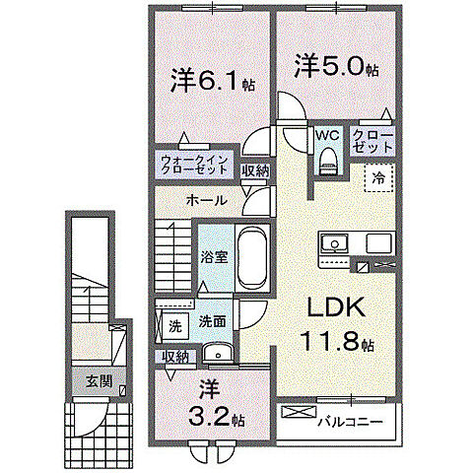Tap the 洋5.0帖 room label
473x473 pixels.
pos(336,68)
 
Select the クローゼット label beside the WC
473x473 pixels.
pos(373,140)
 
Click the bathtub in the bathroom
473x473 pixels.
pos(253,258)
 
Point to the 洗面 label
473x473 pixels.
pos(212,321)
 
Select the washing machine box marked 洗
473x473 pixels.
pos(172,323)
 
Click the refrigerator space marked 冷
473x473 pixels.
pos(377,177)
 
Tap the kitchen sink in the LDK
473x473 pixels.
pos(332,243)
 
